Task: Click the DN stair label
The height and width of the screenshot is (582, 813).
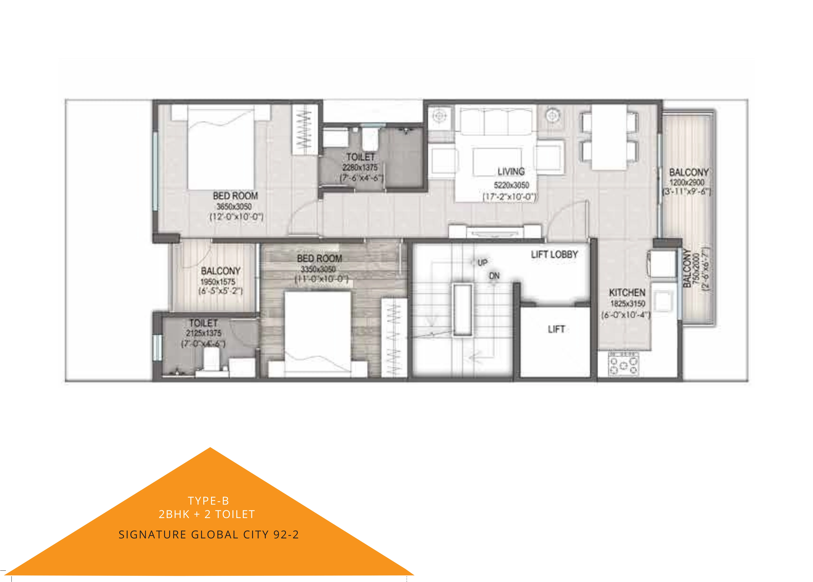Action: [x=494, y=276]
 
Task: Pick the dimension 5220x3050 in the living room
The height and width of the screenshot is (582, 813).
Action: [x=511, y=185]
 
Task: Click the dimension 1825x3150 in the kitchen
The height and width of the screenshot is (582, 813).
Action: [x=628, y=304]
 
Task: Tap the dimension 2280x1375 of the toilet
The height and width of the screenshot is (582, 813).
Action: [x=360, y=167]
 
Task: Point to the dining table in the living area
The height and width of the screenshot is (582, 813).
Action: [x=609, y=137]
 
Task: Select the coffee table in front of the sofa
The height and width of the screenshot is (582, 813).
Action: [x=497, y=162]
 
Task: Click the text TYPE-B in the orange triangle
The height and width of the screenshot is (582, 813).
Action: [x=208, y=501]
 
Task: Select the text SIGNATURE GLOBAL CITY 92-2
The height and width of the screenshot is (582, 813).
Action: [x=209, y=534]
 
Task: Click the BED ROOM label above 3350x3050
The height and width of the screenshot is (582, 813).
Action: [x=319, y=258]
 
